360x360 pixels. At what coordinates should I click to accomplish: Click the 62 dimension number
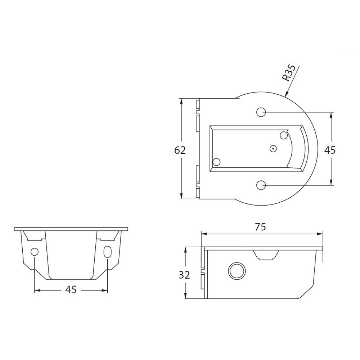[x=180, y=150]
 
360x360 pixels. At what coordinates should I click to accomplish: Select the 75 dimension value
[x=260, y=227]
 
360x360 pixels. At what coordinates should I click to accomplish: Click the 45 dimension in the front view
[x=71, y=290]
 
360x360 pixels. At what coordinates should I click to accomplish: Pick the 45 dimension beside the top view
[x=330, y=150]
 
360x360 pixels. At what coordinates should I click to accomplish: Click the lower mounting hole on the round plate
[x=261, y=185]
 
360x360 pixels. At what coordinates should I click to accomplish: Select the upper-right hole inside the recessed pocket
[x=284, y=135]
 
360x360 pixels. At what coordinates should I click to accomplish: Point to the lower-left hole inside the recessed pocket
[x=217, y=162]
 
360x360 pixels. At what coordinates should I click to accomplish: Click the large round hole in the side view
[x=237, y=270]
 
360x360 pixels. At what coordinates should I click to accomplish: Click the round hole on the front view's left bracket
[x=35, y=252]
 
